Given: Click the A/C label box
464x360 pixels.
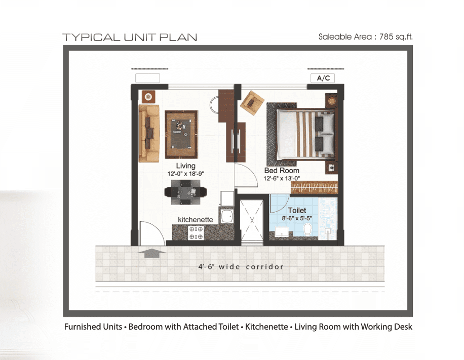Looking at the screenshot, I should point(323,78).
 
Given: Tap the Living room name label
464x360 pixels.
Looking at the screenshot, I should point(185,166).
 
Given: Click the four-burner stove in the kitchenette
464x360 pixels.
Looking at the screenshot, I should point(196,233).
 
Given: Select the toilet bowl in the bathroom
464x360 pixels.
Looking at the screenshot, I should point(306,230).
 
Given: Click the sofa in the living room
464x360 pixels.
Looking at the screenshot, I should point(149,133).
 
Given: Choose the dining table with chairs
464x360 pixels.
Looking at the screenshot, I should point(185,193).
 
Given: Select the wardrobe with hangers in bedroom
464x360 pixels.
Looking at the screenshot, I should point(314,187).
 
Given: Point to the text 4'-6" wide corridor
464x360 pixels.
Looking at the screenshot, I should point(241,267).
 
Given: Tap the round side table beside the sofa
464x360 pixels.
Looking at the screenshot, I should point(147,96).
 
